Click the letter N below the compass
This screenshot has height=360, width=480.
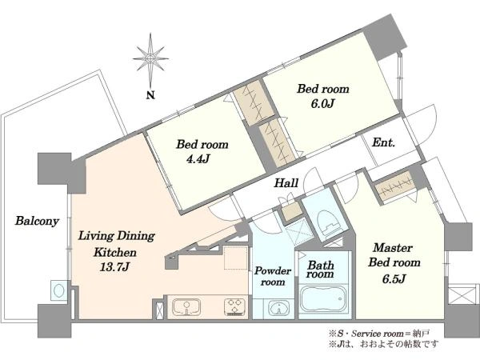(150, 95)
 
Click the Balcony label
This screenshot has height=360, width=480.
(37, 221)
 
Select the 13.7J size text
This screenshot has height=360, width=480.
(114, 267)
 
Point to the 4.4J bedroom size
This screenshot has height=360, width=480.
(198, 159)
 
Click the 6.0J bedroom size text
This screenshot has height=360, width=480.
(322, 104)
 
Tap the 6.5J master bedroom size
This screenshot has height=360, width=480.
(394, 278)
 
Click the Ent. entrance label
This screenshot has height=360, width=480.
(383, 142)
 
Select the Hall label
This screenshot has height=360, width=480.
(286, 183)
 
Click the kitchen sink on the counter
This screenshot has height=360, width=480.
(186, 307)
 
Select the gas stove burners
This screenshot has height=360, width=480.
(235, 307)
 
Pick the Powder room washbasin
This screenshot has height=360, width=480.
(279, 309)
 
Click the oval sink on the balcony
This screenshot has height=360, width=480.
(58, 290)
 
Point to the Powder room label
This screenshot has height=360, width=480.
(273, 276)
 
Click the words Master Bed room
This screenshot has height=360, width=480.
(394, 255)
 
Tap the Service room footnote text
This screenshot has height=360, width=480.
(379, 334)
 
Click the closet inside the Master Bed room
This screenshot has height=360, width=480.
(394, 187)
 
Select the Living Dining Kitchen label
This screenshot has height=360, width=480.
(116, 244)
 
